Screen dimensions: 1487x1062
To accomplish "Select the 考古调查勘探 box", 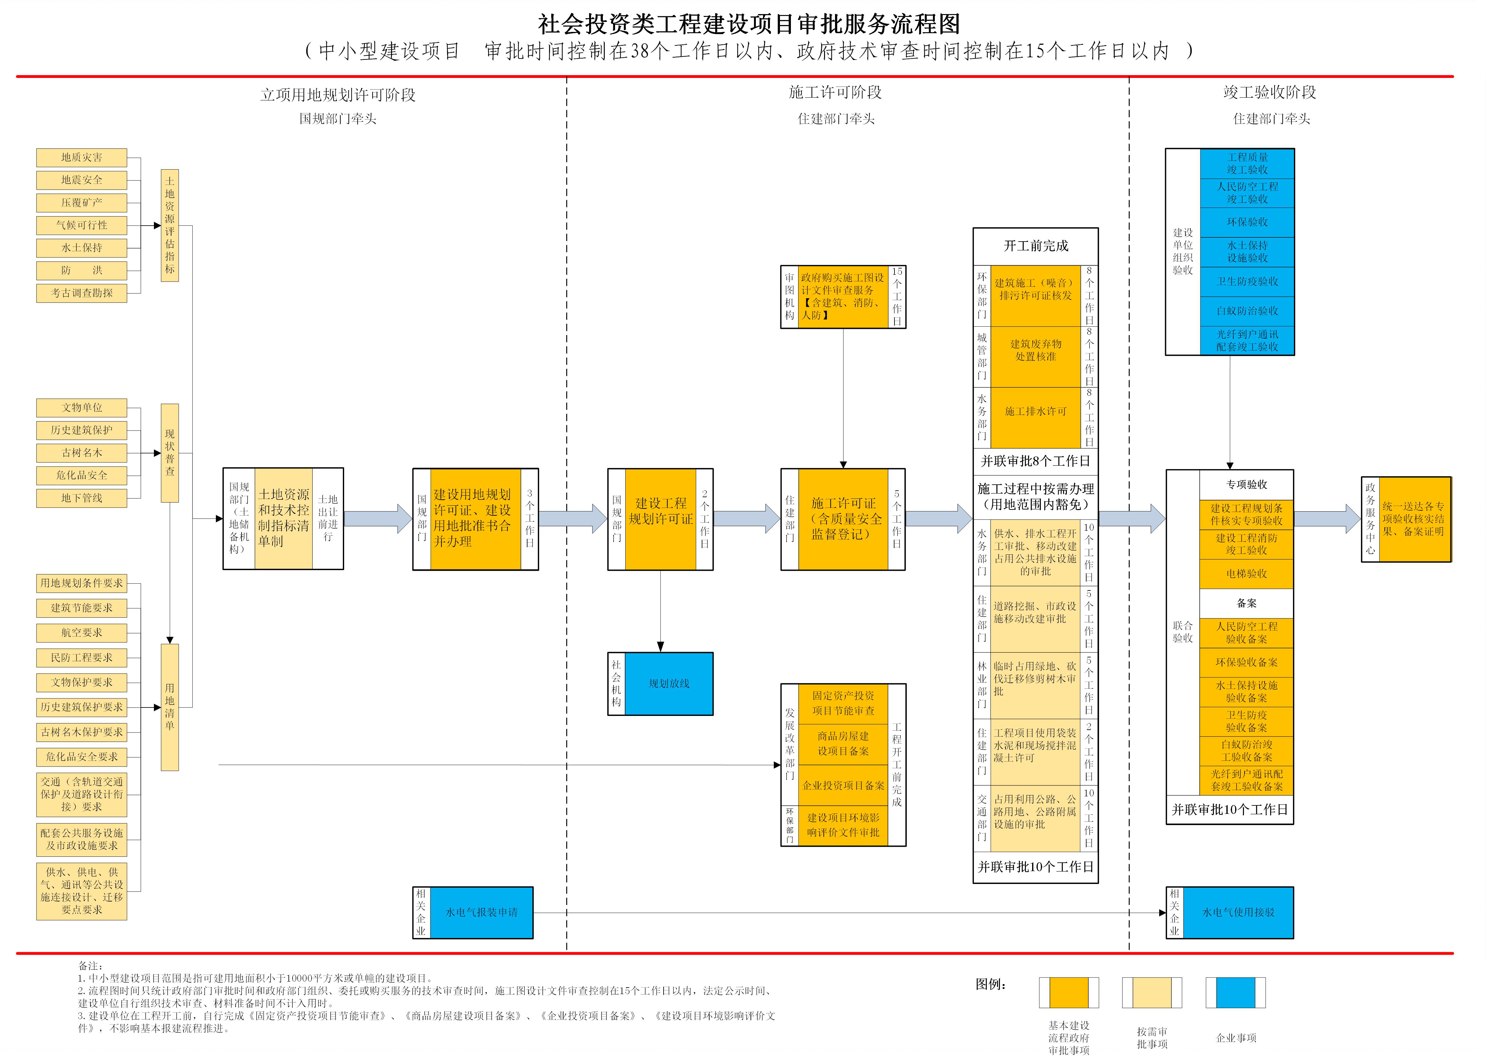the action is point(82,293).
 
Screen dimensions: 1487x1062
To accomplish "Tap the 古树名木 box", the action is point(82,452).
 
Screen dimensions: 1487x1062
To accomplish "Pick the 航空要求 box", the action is point(82,632).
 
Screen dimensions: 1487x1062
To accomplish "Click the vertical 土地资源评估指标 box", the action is point(170,226).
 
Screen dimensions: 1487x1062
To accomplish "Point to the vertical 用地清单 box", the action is point(170,707).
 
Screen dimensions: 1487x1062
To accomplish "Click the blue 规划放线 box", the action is point(669,683).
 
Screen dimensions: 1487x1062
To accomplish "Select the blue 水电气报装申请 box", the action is point(481,912).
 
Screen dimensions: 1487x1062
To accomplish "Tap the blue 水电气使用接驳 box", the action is point(1238,912).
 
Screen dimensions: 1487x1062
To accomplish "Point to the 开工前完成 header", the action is point(1036,246).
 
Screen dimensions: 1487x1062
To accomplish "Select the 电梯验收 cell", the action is point(1246,574).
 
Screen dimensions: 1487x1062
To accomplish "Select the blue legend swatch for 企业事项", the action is point(1235,993).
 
